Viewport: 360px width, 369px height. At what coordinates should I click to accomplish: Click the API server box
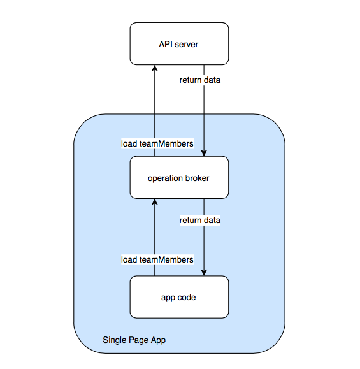pos(179,44)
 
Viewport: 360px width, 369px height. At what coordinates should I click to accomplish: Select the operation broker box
pos(179,177)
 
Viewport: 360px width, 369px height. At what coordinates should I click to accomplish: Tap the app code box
pos(179,297)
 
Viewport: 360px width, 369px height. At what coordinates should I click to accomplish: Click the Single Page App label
pos(134,340)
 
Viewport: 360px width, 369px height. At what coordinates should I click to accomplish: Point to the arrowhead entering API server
pos(155,68)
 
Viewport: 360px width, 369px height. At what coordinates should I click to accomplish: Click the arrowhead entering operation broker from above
pos(204,153)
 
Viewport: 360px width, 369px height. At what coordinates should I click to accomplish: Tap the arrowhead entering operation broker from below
pos(155,201)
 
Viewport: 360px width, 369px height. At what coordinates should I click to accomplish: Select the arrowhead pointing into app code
pos(204,273)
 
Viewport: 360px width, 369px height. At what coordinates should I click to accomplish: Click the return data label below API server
pos(200,80)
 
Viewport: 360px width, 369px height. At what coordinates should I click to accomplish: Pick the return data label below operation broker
pos(200,221)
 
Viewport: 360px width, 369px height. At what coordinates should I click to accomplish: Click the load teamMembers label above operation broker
pos(157,143)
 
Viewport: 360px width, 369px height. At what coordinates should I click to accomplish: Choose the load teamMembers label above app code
pos(157,259)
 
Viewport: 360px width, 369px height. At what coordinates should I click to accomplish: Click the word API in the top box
pos(166,44)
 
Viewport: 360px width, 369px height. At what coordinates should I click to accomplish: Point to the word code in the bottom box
pos(187,297)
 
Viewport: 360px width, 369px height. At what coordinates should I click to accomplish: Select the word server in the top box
pos(187,44)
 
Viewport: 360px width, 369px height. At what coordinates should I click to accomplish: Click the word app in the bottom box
pos(168,298)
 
